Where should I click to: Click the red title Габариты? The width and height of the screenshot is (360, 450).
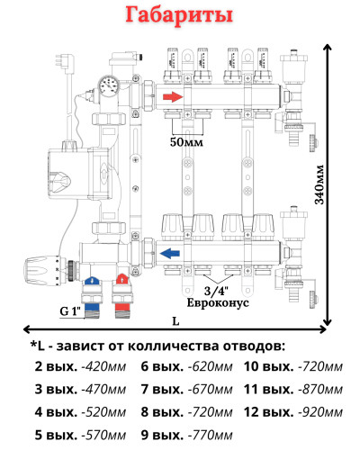pos(179,17)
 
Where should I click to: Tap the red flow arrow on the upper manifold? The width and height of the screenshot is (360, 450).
pos(173,97)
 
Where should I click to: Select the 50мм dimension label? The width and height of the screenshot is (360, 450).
pos(185,142)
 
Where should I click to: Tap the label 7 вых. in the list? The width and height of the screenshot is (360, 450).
pos(160,390)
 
